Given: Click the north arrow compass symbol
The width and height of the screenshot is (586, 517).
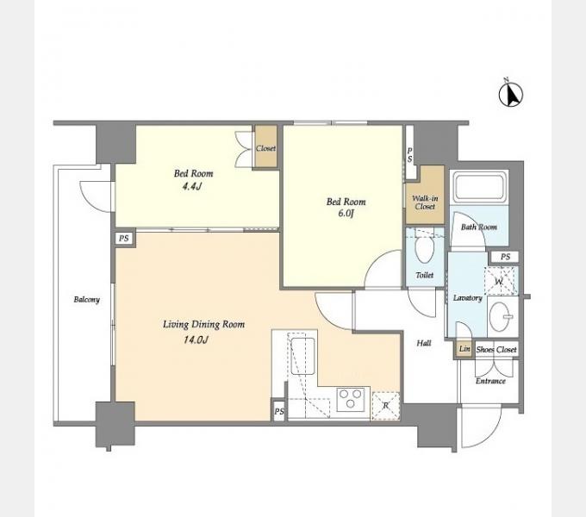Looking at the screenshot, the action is pyautogui.click(x=510, y=93).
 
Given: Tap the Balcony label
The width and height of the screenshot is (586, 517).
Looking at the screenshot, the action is pyautogui.click(x=87, y=300).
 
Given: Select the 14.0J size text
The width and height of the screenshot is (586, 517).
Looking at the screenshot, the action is pyautogui.click(x=196, y=339).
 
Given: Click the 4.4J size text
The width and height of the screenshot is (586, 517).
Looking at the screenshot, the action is pyautogui.click(x=192, y=186).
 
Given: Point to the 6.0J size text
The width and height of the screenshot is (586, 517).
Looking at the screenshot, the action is pyautogui.click(x=346, y=214).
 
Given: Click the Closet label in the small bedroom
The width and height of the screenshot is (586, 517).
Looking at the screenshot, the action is pyautogui.click(x=266, y=148).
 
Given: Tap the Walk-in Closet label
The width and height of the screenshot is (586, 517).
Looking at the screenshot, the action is pyautogui.click(x=425, y=202).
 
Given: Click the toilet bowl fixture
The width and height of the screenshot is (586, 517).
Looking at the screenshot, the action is pyautogui.click(x=425, y=248).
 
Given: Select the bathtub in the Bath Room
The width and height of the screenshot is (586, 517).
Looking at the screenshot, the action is pyautogui.click(x=479, y=187).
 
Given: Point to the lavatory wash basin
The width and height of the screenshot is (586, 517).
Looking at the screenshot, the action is pyautogui.click(x=501, y=317).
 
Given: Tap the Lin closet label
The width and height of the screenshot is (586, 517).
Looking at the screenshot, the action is pyautogui.click(x=464, y=349).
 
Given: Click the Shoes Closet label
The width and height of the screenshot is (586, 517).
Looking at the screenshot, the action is pyautogui.click(x=496, y=350).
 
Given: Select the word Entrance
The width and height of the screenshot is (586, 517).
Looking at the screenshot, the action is pyautogui.click(x=490, y=381).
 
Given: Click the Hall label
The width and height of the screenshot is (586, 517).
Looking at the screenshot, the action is pyautogui.click(x=424, y=343).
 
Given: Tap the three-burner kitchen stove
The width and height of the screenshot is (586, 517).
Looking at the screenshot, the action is pyautogui.click(x=351, y=399).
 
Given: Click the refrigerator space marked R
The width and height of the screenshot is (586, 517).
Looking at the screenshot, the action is pyautogui.click(x=386, y=406).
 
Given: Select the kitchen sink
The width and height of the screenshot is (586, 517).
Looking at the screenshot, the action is pyautogui.click(x=303, y=356).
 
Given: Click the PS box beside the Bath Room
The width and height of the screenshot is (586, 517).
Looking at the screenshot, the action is pyautogui.click(x=505, y=257).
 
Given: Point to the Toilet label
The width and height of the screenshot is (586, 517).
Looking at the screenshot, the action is pyautogui.click(x=425, y=276).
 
